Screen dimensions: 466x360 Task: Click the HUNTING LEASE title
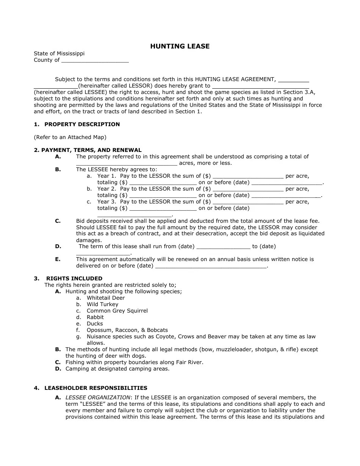pyautogui.click(x=180, y=46)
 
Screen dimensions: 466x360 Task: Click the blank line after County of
pyautogui.click(x=95, y=60)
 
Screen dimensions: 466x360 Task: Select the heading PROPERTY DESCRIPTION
pyautogui.click(x=82, y=124)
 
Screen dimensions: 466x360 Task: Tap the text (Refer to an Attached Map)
pyautogui.click(x=70, y=137)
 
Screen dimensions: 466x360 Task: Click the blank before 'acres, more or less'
pyautogui.click(x=127, y=163)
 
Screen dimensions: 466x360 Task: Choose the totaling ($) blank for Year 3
pyautogui.click(x=163, y=208)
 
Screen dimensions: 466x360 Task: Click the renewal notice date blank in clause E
pyautogui.click(x=211, y=266)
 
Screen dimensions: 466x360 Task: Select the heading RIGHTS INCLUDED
pyautogui.click(x=74, y=278)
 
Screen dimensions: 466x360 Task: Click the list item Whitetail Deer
pyautogui.click(x=106, y=298)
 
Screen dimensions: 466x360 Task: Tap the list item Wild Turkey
pyautogui.click(x=102, y=304)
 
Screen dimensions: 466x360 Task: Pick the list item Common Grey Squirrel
pyautogui.click(x=117, y=311)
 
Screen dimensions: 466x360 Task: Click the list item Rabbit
pyautogui.click(x=95, y=317)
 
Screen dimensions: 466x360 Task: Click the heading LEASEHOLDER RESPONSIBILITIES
pyautogui.click(x=96, y=388)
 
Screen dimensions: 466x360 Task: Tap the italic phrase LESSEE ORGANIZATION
pyautogui.click(x=98, y=397)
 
